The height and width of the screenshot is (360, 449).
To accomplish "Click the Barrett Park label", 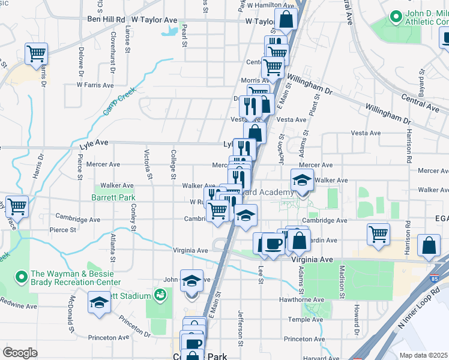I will tap(113, 197).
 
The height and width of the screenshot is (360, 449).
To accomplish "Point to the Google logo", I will tap(20, 353).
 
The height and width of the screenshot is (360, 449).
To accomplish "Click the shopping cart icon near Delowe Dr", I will tap(36, 53).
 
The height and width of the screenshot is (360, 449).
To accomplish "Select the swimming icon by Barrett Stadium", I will tap(159, 295).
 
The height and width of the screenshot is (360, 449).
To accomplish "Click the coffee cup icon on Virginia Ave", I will tap(273, 244).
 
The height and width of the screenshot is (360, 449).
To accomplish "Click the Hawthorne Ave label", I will tap(301, 299).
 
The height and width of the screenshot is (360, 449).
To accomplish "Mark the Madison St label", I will tap(342, 283).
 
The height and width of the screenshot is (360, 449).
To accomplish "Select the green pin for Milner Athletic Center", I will tap(396, 17).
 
